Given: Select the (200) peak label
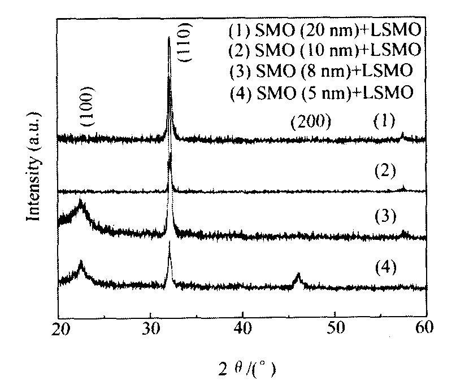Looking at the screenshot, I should coord(309,121).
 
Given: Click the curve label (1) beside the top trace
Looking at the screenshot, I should coord(386,121).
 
